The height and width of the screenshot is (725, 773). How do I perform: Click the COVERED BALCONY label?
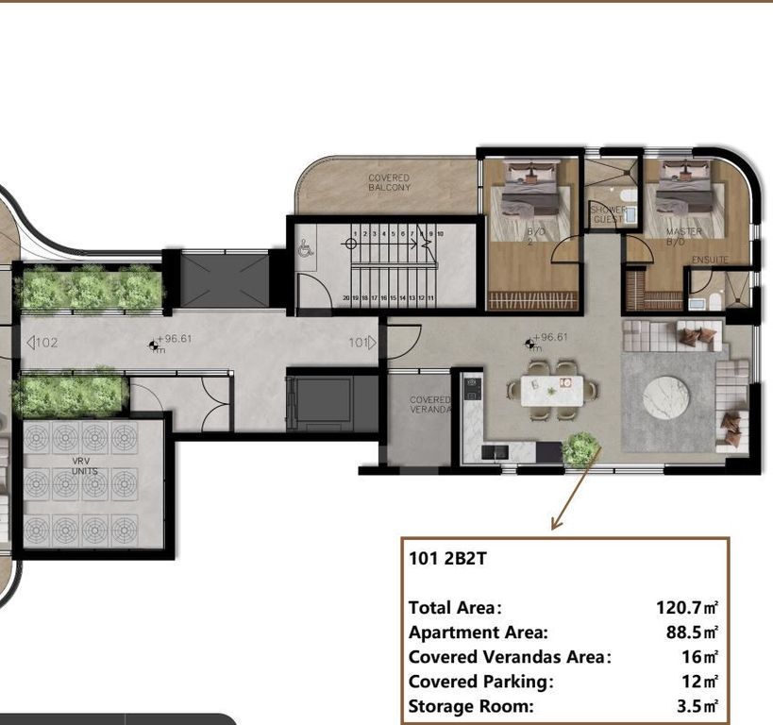click(x=389, y=182)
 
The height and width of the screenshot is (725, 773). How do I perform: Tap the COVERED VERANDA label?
click(x=430, y=405)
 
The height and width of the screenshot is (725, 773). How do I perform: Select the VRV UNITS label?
click(x=80, y=464)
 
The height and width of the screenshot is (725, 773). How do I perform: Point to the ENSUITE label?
click(x=710, y=260)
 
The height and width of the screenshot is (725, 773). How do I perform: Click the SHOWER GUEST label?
click(x=608, y=214)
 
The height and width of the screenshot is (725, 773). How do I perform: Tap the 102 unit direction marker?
click(x=42, y=343)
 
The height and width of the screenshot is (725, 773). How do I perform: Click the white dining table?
click(x=551, y=388)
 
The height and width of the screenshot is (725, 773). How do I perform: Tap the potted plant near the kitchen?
click(x=580, y=449)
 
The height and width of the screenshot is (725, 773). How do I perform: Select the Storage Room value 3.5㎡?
click(x=698, y=706)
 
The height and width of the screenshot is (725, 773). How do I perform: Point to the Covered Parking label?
click(x=480, y=682)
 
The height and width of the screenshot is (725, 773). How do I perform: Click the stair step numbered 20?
click(x=346, y=297)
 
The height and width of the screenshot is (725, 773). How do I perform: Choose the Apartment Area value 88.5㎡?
click(x=692, y=632)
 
